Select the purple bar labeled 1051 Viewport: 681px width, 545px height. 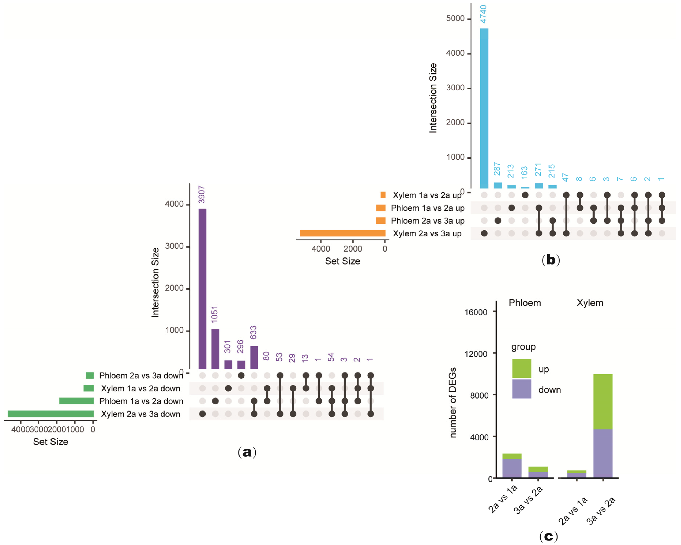[215, 349]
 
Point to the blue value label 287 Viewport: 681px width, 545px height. [497, 169]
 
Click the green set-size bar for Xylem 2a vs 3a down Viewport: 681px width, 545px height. [50, 414]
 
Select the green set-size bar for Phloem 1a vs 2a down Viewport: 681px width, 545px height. [76, 401]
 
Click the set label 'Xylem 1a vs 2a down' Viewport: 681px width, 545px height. [141, 388]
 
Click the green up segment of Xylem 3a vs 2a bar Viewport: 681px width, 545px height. [603, 402]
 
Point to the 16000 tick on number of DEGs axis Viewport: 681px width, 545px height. [476, 312]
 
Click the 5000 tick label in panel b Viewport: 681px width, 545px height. [455, 19]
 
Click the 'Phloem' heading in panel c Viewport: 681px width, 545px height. [525, 303]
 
